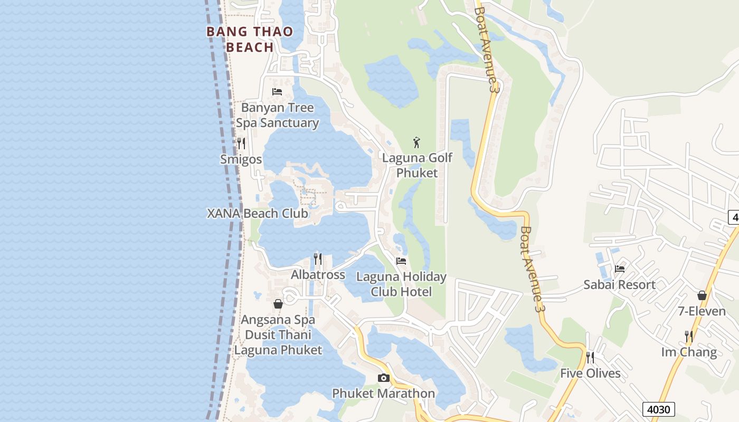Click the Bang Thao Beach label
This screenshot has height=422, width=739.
[x=250, y=40]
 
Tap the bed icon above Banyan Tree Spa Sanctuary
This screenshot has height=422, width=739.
[x=277, y=92]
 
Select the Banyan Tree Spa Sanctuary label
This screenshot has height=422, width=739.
[x=277, y=116]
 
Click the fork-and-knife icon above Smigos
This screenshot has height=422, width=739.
[x=241, y=143]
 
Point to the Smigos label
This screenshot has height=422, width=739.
[x=241, y=159]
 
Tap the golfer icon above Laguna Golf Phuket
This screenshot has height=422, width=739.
[x=417, y=142]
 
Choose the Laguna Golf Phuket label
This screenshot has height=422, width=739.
[x=417, y=165]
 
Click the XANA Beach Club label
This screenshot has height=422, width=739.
[x=257, y=214]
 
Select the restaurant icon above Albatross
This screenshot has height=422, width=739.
[x=318, y=258]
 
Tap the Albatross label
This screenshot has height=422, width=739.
[x=318, y=275]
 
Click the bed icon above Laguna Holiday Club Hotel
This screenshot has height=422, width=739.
[x=401, y=261]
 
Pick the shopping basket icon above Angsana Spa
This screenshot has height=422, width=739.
[x=278, y=304]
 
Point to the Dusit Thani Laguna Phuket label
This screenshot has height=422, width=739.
[x=278, y=342]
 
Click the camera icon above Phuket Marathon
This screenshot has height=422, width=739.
[x=384, y=378]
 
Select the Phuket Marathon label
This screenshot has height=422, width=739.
[x=384, y=394]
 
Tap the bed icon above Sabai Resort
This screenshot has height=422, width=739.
[x=620, y=269]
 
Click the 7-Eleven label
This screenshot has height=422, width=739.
[x=702, y=311]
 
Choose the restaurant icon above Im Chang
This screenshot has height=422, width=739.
[x=689, y=336]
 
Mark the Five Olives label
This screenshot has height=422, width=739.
[x=590, y=373]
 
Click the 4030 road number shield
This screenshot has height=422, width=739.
[x=659, y=409]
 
